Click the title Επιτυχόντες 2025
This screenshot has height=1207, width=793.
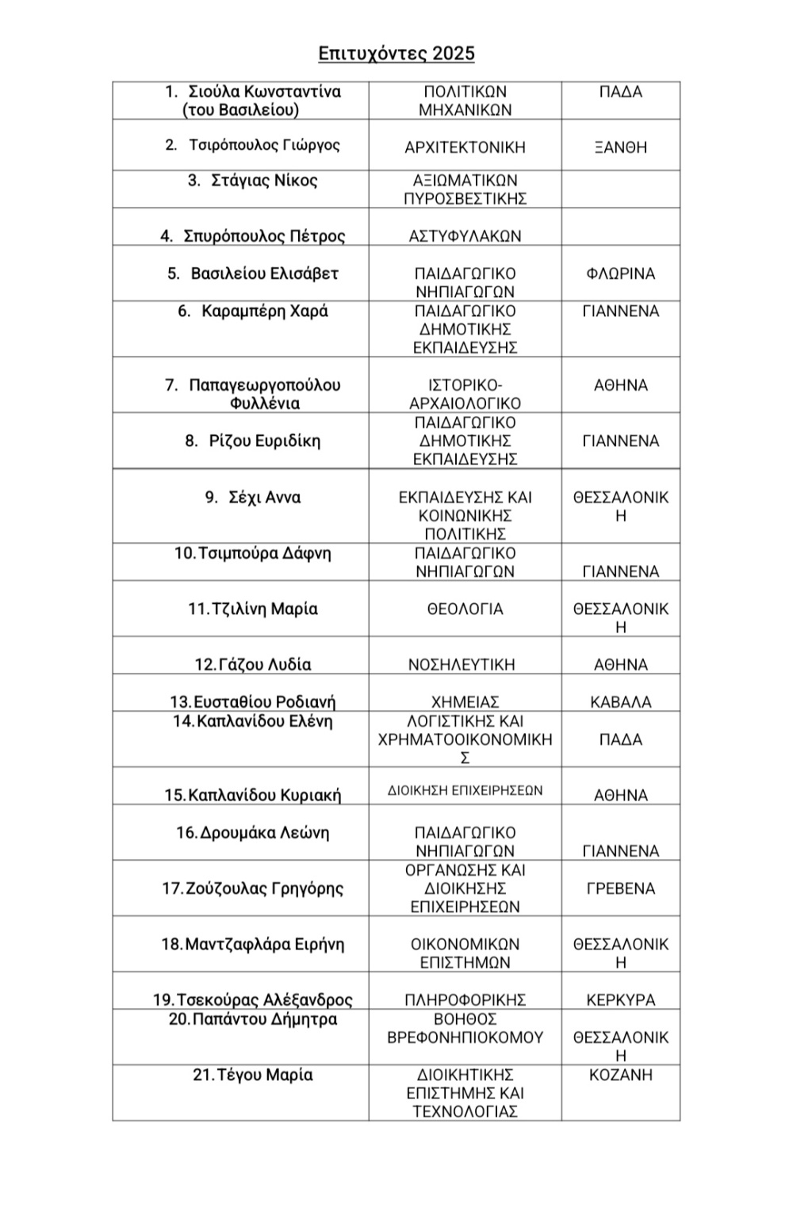tap(396, 53)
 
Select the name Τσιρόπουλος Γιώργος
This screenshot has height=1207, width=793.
tap(264, 145)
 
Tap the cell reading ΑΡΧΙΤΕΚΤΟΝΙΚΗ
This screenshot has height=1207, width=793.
tap(465, 147)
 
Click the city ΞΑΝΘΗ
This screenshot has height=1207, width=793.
tap(620, 147)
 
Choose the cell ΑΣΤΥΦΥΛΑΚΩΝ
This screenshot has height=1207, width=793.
tap(465, 236)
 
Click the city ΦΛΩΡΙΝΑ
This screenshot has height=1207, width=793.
tap(620, 274)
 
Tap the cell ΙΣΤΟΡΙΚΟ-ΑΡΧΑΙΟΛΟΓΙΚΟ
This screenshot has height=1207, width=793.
tap(465, 394)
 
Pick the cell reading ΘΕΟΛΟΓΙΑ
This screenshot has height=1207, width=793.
tap(465, 609)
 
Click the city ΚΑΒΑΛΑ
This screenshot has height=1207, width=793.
tap(620, 702)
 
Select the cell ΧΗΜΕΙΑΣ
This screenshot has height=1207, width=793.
tap(465, 702)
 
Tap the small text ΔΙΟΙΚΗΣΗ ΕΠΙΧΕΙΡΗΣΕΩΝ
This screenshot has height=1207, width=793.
tap(465, 790)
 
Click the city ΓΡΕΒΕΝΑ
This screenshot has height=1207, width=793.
tap(620, 888)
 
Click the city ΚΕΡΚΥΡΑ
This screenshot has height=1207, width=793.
tap(620, 1000)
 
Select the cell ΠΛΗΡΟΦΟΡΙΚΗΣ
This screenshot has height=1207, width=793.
tap(465, 1000)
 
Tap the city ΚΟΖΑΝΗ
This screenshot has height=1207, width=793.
tap(620, 1075)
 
